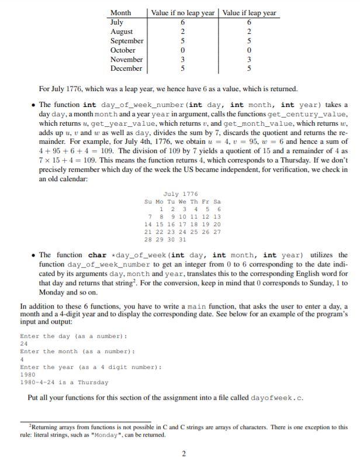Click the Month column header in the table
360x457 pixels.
120,13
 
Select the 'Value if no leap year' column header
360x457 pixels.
183,13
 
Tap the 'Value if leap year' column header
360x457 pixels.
250,13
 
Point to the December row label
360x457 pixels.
126,68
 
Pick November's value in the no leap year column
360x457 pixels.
182,60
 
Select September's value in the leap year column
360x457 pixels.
250,41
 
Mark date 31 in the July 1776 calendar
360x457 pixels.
183,240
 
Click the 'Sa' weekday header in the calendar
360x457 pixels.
217,202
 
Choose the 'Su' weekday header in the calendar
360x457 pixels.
148,202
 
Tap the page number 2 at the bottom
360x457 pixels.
183,452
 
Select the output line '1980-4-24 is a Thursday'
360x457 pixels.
64,382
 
